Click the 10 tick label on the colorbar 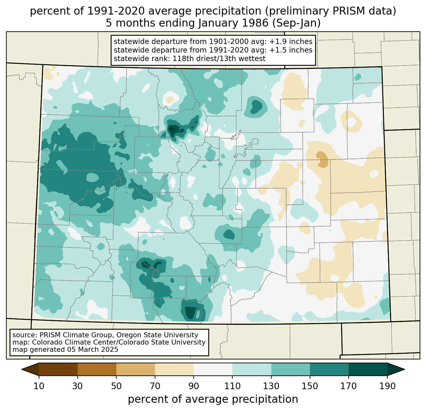point(39,386)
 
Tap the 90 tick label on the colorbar point(194,386)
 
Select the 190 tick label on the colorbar point(387,386)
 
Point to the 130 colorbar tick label point(271,386)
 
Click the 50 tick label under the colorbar point(116,386)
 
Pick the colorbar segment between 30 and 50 point(97,369)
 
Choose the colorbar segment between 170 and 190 point(368,369)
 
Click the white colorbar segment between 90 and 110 point(213,369)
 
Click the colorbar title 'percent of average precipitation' point(213,399)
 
